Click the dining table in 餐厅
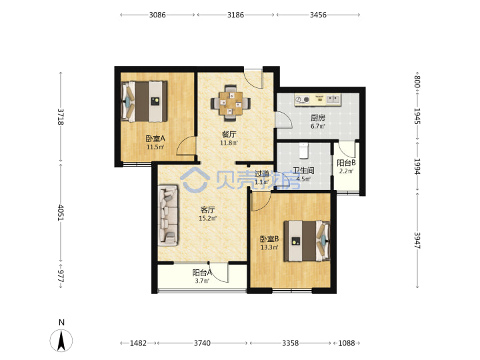pos(231,103)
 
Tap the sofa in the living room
pos(168,215)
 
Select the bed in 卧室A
pos(145,101)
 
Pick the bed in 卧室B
pos(307,241)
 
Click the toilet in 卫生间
pos(303,151)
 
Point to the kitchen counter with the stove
pos(318,100)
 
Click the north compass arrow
pos(61,341)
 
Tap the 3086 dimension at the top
pos(157,15)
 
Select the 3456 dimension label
pos(318,15)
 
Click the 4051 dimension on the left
pos(61,213)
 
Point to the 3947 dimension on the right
pos(417,241)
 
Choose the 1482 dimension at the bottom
pos(139,343)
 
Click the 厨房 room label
pos(318,117)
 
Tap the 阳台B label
pos(346,163)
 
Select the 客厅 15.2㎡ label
pos(207,214)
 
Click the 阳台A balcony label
pos(202,272)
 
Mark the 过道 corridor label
pos(262,173)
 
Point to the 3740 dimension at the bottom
pos(202,343)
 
